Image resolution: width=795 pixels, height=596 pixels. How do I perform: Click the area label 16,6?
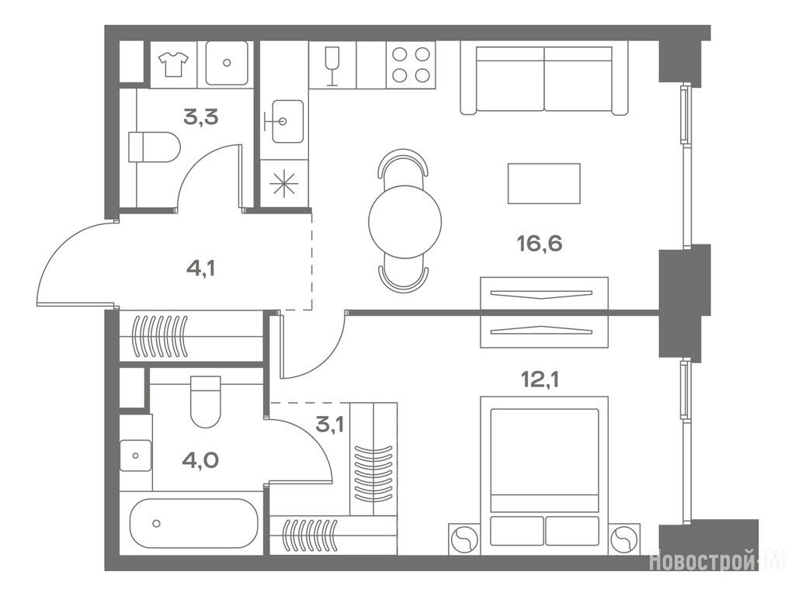[540, 244]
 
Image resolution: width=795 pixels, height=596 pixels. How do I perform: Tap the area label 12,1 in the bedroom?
[540, 379]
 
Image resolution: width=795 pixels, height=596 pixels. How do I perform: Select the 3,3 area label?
[201, 117]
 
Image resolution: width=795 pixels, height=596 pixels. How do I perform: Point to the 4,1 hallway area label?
[201, 268]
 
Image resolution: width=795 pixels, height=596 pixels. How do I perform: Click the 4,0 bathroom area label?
[201, 461]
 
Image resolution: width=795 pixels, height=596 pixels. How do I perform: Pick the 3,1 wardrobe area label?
[329, 424]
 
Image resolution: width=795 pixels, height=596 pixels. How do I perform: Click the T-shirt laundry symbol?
[173, 64]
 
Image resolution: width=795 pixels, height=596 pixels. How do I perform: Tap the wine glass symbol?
[332, 66]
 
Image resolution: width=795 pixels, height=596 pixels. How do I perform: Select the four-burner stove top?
[411, 65]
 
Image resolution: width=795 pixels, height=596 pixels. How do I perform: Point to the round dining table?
[405, 222]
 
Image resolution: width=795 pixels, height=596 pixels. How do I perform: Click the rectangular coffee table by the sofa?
[544, 183]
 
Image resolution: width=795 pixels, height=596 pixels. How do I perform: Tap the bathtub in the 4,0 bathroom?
[193, 524]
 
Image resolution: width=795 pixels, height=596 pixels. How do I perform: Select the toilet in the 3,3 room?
[154, 147]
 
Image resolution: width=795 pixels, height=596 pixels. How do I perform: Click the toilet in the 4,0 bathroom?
[205, 402]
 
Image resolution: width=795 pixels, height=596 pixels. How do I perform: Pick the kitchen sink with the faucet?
[287, 121]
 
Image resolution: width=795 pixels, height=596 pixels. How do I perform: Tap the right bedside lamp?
[624, 540]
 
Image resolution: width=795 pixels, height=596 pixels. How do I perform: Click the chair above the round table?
[403, 163]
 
